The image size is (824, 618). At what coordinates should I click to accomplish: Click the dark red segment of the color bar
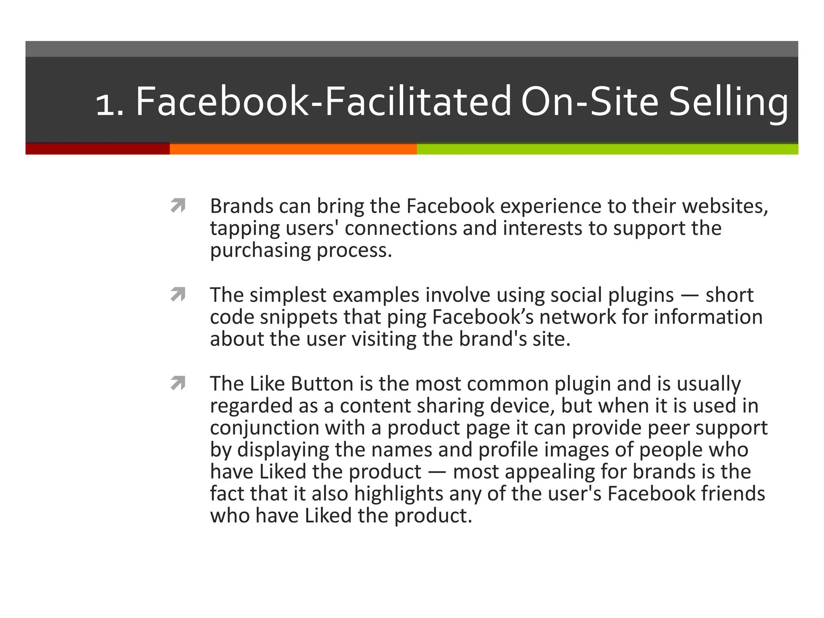[x=97, y=149]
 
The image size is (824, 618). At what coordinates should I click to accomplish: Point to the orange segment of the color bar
[x=293, y=149]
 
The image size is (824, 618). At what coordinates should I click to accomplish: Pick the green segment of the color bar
[x=608, y=149]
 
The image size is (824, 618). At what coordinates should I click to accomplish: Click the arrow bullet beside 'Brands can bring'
[x=178, y=206]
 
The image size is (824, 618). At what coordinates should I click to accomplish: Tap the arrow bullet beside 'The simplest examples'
[x=178, y=295]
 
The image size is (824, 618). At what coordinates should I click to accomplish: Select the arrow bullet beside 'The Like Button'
[x=178, y=383]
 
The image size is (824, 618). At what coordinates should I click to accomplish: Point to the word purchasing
[x=260, y=250]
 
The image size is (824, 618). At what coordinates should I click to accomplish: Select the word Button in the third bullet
[x=322, y=383]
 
